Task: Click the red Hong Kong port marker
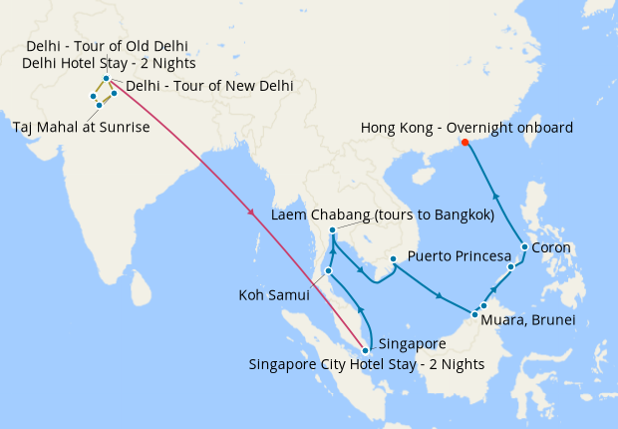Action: pos(465,143)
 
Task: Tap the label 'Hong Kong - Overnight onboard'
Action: pos(465,128)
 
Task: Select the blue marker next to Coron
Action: pos(524,246)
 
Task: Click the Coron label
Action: pos(551,247)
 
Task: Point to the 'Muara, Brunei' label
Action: pos(527,320)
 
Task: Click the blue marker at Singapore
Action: pos(366,350)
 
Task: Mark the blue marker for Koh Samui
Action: pos(328,270)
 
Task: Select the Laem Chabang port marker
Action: pos(332,231)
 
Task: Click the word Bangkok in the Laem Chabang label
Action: pos(459,214)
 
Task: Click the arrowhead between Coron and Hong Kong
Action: pos(496,197)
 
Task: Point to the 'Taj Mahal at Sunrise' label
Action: pos(81,128)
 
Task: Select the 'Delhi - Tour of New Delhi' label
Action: pos(209,86)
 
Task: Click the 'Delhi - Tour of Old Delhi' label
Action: pos(108,47)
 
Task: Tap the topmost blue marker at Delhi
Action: pos(106,78)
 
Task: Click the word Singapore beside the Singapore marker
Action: pos(413,343)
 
